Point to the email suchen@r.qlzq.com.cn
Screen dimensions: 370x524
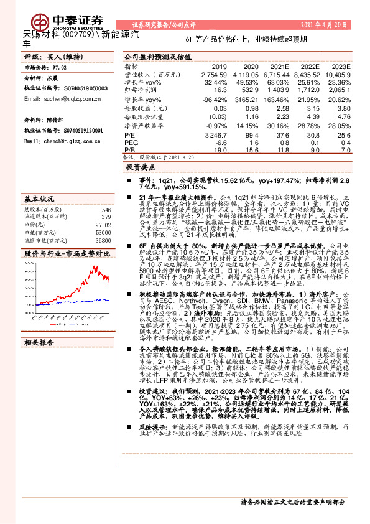55,99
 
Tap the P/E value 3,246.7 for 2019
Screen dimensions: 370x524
215,134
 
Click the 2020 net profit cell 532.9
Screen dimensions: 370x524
248,90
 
